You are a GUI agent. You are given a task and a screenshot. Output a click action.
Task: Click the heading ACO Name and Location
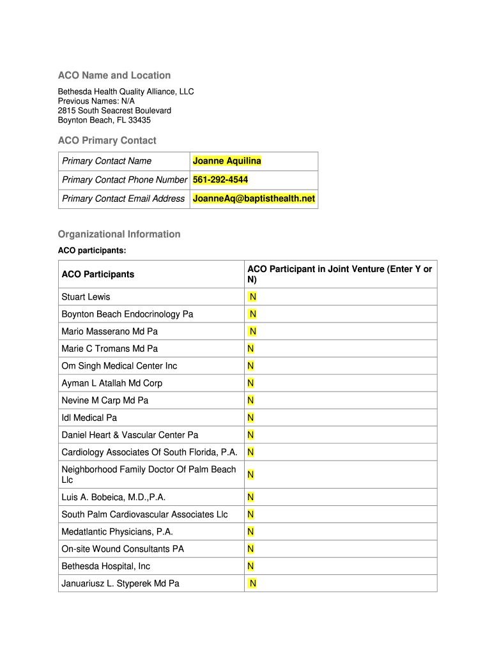tap(114, 75)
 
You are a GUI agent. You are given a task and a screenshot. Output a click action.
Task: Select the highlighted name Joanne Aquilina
tap(227, 161)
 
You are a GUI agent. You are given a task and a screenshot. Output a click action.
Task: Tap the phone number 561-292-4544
tap(220, 179)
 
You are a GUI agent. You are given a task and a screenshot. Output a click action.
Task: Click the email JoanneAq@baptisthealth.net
tap(254, 199)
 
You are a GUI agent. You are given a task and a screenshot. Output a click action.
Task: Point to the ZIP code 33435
tap(139, 120)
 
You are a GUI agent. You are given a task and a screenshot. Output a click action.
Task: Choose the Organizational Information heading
tap(119, 234)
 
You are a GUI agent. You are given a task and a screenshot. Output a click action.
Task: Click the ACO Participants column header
tap(98, 274)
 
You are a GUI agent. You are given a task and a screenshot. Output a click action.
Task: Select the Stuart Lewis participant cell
tap(86, 297)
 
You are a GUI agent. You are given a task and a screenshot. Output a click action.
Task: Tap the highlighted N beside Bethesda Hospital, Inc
tap(251, 566)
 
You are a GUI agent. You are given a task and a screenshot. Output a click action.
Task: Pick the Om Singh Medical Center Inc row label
tap(119, 366)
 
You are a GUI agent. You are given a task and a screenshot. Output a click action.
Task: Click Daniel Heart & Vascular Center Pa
tap(130, 435)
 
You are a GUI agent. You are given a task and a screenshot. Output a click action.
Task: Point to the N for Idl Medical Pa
tap(251, 418)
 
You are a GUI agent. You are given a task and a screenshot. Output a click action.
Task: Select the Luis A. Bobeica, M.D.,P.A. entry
tap(109, 497)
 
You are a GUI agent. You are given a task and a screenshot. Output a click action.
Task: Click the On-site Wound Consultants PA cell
tap(123, 549)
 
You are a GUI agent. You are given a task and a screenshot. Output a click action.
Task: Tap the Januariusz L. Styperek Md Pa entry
tap(120, 583)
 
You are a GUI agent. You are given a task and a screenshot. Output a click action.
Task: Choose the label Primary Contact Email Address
tap(123, 199)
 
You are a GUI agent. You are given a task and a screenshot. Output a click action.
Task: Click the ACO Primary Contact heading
tap(107, 141)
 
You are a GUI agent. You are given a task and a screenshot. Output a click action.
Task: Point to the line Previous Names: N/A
tap(96, 101)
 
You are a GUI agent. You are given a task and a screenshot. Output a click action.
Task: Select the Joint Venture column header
tap(339, 274)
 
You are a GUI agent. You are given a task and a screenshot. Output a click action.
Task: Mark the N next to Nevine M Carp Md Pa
tap(251, 400)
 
